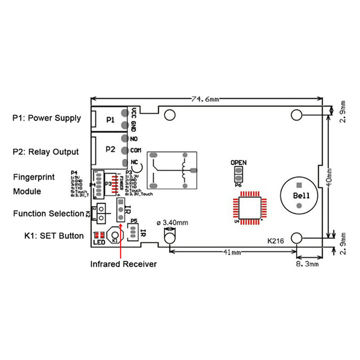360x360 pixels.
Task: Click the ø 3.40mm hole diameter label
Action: click(172, 223)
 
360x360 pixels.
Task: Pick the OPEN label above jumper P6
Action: click(238, 162)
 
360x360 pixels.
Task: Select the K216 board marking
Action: click(275, 241)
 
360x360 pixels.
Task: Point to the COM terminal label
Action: click(136, 150)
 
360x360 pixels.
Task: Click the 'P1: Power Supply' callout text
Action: click(47, 118)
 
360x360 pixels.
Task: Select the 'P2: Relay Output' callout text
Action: click(46, 152)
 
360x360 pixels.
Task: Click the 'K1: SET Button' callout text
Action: click(48, 235)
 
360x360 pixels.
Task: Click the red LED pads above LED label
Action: click(99, 234)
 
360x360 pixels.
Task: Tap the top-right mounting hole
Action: click(297, 115)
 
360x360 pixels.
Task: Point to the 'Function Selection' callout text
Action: click(47, 213)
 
